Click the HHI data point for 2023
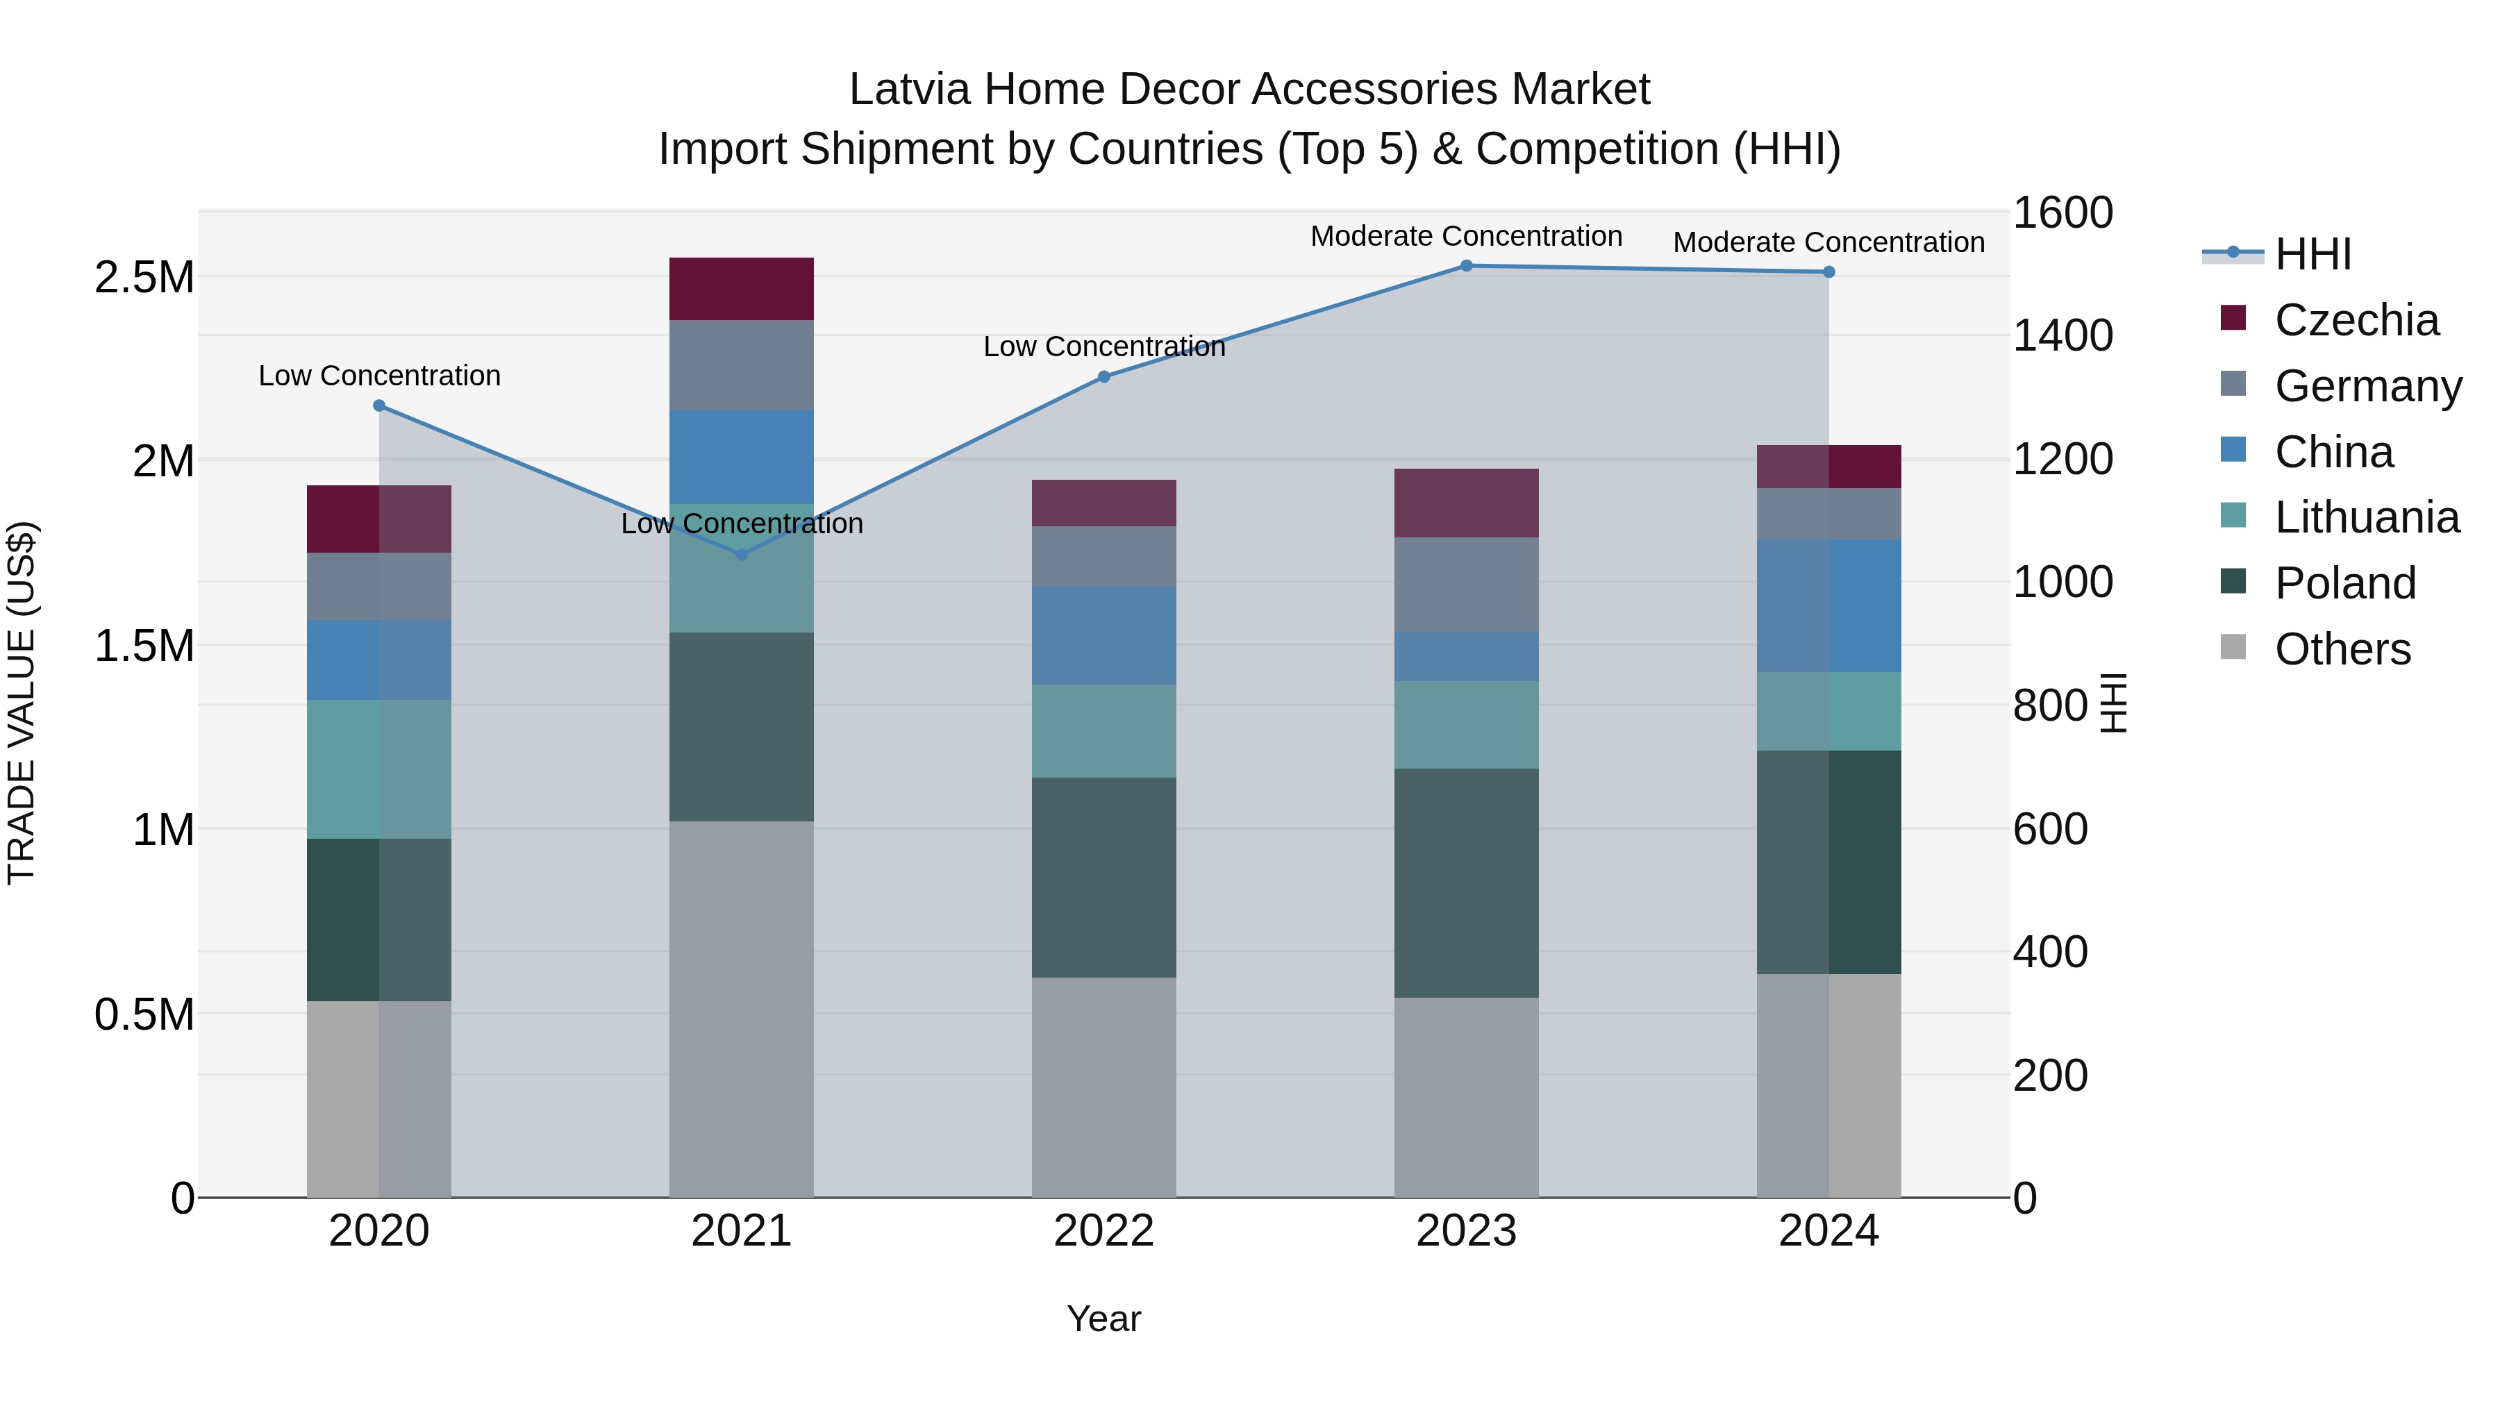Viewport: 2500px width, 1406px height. point(1467,266)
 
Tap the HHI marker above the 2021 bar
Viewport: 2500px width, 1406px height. point(742,555)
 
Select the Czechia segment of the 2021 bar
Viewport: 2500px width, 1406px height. point(742,289)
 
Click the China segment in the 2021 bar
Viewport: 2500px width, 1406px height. point(742,457)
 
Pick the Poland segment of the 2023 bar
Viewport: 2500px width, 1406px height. point(1467,883)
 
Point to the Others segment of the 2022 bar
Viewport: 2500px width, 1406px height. point(1103,1087)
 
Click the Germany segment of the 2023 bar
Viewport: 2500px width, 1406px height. point(1467,585)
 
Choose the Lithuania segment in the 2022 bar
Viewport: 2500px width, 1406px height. point(1103,730)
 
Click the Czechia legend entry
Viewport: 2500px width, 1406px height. point(2356,320)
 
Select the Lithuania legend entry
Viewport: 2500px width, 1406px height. point(2366,518)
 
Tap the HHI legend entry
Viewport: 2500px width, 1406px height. point(2312,254)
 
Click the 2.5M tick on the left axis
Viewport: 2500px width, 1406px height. point(144,278)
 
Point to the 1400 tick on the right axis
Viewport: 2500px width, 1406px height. point(2062,336)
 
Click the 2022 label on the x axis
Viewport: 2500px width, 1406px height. point(1103,1231)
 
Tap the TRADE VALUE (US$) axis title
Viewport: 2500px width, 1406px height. point(22,703)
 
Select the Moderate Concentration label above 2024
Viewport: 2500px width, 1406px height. point(1828,242)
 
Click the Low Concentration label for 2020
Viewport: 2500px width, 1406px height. point(379,376)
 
